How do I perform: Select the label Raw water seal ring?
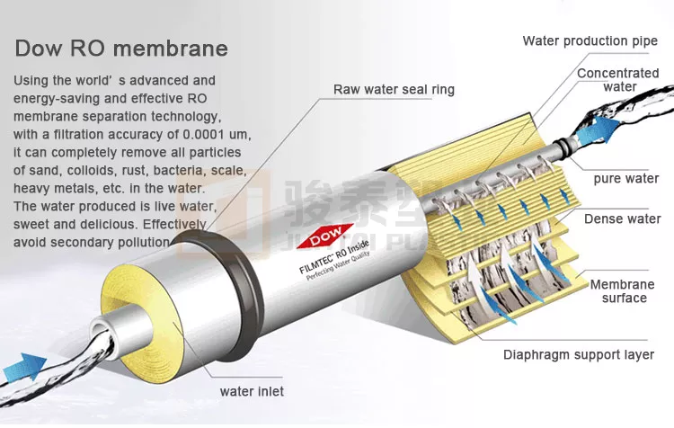pyautogui.click(x=394, y=89)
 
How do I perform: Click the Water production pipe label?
pyautogui.click(x=590, y=40)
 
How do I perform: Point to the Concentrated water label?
pyautogui.click(x=617, y=80)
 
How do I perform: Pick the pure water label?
pyautogui.click(x=625, y=178)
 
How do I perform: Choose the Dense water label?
pyautogui.click(x=622, y=218)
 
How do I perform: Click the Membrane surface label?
pyautogui.click(x=622, y=291)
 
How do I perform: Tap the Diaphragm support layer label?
pyautogui.click(x=577, y=354)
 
